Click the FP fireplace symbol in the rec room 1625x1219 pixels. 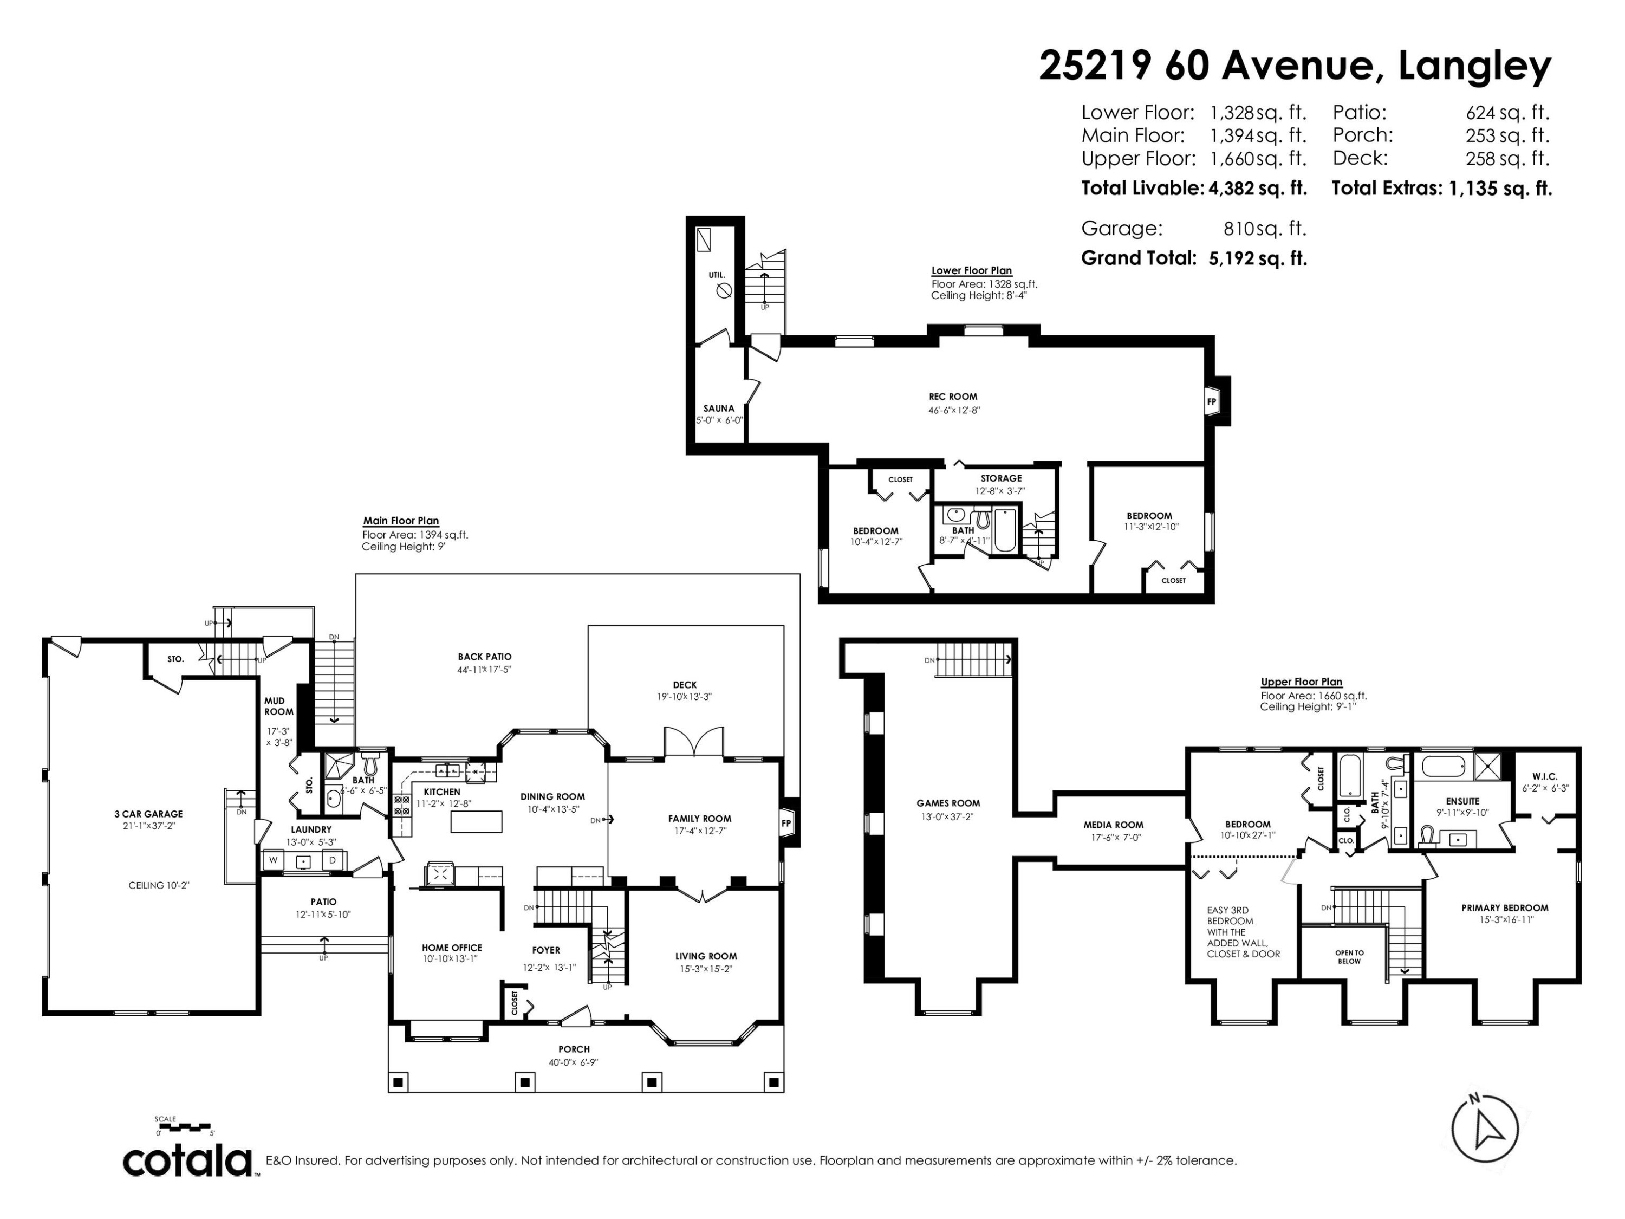click(x=1211, y=401)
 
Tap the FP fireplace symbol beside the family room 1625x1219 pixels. click(x=786, y=823)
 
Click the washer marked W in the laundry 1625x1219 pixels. click(x=274, y=860)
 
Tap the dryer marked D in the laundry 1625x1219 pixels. click(x=332, y=860)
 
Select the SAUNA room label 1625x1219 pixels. click(x=718, y=409)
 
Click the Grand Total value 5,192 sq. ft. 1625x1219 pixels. click(x=1258, y=258)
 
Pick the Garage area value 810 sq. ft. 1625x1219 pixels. click(x=1264, y=229)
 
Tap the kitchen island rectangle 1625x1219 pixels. click(x=476, y=821)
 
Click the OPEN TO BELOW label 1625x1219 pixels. click(x=1349, y=957)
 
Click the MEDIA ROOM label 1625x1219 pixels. click(x=1113, y=825)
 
